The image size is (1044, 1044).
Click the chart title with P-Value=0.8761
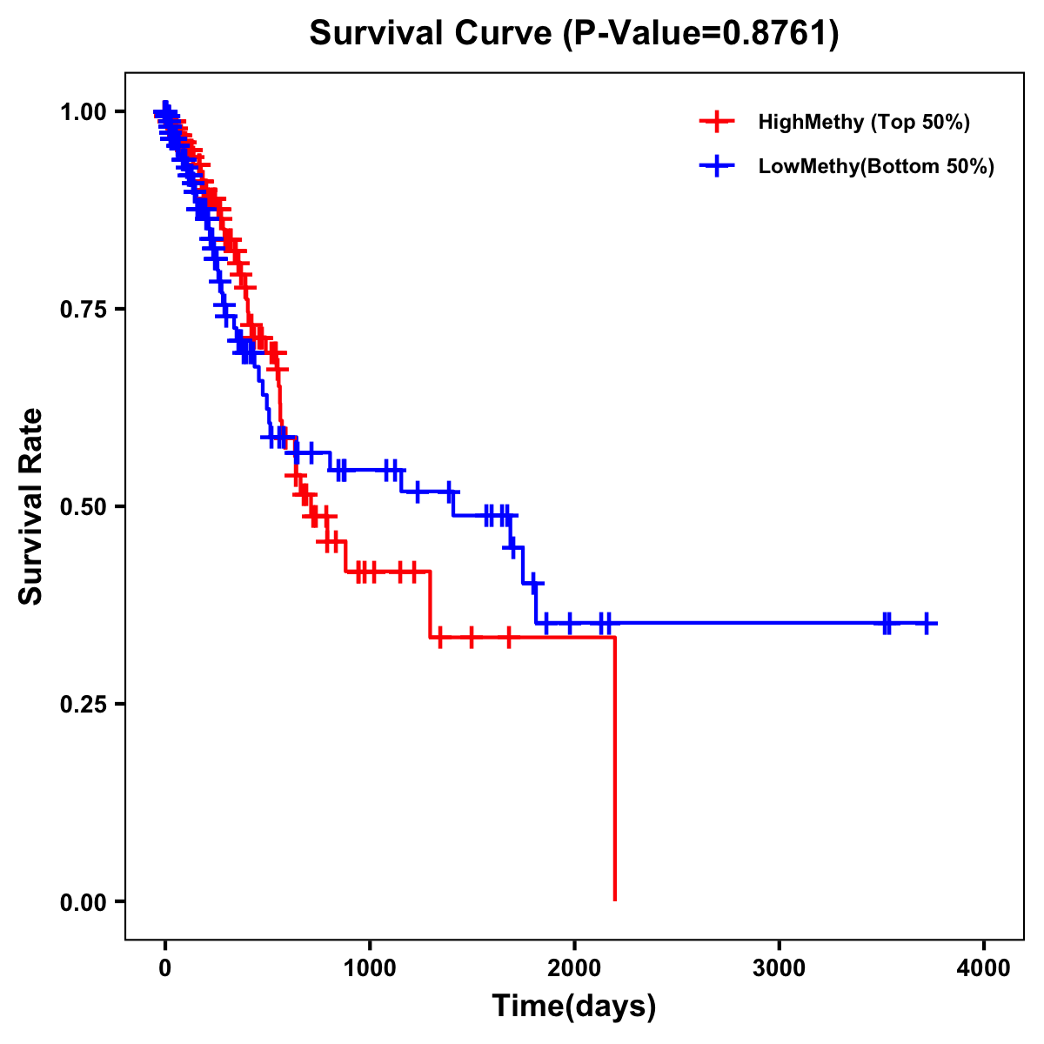click(x=574, y=34)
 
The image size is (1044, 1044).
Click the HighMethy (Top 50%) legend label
click(x=863, y=122)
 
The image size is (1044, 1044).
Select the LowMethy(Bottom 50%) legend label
click(x=876, y=166)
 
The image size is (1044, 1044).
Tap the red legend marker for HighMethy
click(x=716, y=122)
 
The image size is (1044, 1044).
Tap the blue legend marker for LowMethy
click(x=716, y=166)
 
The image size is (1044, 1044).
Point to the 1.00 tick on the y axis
click(x=82, y=111)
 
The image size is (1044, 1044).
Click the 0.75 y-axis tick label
click(x=82, y=309)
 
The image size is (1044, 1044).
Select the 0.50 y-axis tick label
click(x=82, y=506)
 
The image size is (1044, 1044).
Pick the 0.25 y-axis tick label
click(x=82, y=704)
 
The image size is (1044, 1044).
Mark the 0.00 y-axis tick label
click(x=82, y=902)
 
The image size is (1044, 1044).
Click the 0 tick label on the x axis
click(x=164, y=967)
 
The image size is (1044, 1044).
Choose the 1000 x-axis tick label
click(x=370, y=967)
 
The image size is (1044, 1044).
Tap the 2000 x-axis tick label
click(x=574, y=967)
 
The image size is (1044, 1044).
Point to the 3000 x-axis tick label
click(x=779, y=967)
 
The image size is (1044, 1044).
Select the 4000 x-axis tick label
click(x=984, y=967)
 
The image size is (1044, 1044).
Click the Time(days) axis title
click(x=574, y=1007)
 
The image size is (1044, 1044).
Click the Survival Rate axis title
click(x=31, y=506)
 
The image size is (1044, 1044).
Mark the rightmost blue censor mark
click(x=927, y=623)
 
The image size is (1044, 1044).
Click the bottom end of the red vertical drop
click(x=615, y=900)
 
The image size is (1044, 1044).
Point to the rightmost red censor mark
click(x=509, y=638)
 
